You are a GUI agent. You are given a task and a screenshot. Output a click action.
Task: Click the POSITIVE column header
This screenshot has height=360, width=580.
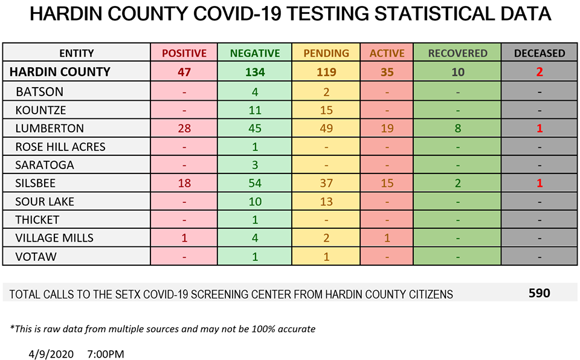pos(184,53)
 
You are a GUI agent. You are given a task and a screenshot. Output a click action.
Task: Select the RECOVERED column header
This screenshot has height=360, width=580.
pos(457,53)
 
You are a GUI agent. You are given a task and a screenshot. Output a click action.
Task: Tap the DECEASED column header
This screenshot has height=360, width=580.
pos(540,53)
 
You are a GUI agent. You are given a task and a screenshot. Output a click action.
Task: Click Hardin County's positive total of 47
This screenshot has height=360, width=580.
pos(184,72)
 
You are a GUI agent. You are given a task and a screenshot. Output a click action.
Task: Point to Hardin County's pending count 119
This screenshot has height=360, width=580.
pos(326,72)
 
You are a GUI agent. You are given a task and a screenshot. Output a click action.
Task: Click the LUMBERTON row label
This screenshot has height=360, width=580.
pos(50,128)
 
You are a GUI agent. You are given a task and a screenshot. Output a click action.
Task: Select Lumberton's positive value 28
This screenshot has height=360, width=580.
pos(184,128)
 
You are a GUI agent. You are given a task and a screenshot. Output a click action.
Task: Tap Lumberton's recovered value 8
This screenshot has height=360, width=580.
pos(457,128)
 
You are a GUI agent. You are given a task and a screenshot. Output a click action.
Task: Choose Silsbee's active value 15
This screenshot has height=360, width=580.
pos(387,183)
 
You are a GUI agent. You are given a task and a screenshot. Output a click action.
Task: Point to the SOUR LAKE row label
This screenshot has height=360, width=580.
pos(45,201)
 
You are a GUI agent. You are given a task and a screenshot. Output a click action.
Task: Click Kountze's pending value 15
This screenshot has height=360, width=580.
pos(326,110)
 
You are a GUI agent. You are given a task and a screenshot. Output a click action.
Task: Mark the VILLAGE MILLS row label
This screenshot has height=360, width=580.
pos(54,238)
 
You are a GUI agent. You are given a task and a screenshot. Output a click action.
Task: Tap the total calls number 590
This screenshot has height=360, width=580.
pos(540,294)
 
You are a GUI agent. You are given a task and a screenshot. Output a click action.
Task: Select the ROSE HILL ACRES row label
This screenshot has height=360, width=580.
pos(60,147)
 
